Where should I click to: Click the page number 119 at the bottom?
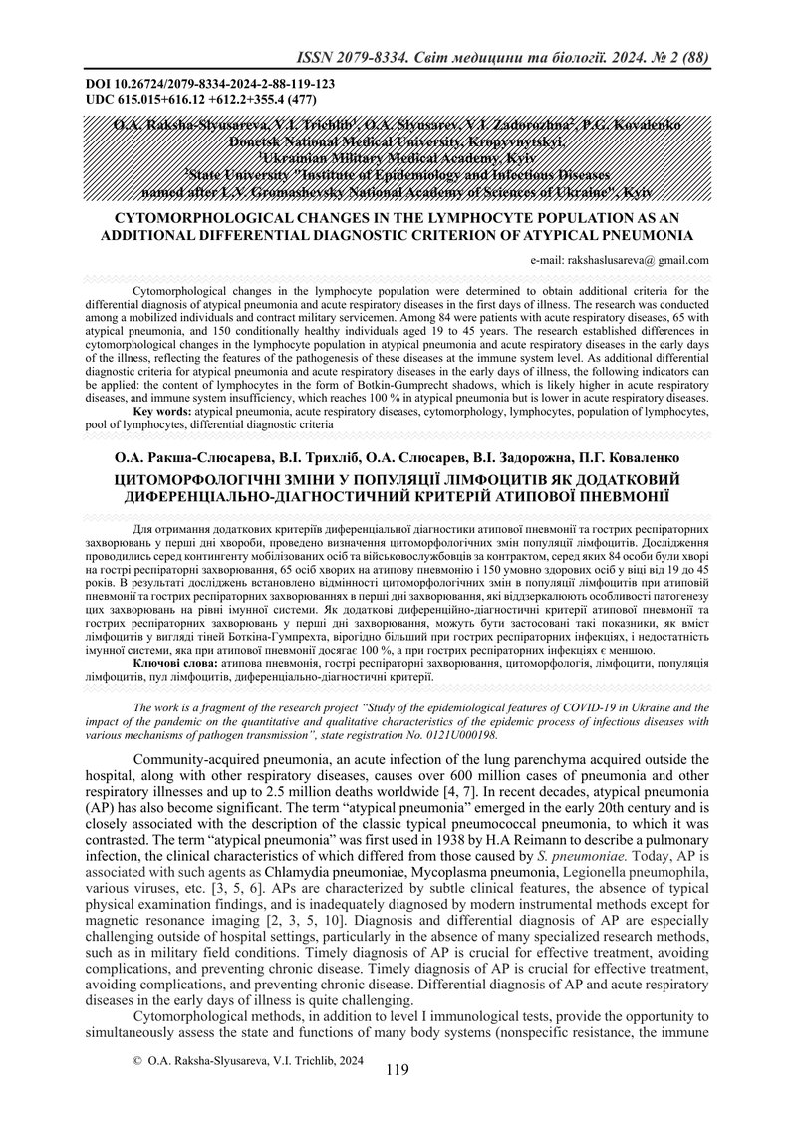click(x=397, y=1072)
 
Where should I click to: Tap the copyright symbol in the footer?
click(x=136, y=1063)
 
